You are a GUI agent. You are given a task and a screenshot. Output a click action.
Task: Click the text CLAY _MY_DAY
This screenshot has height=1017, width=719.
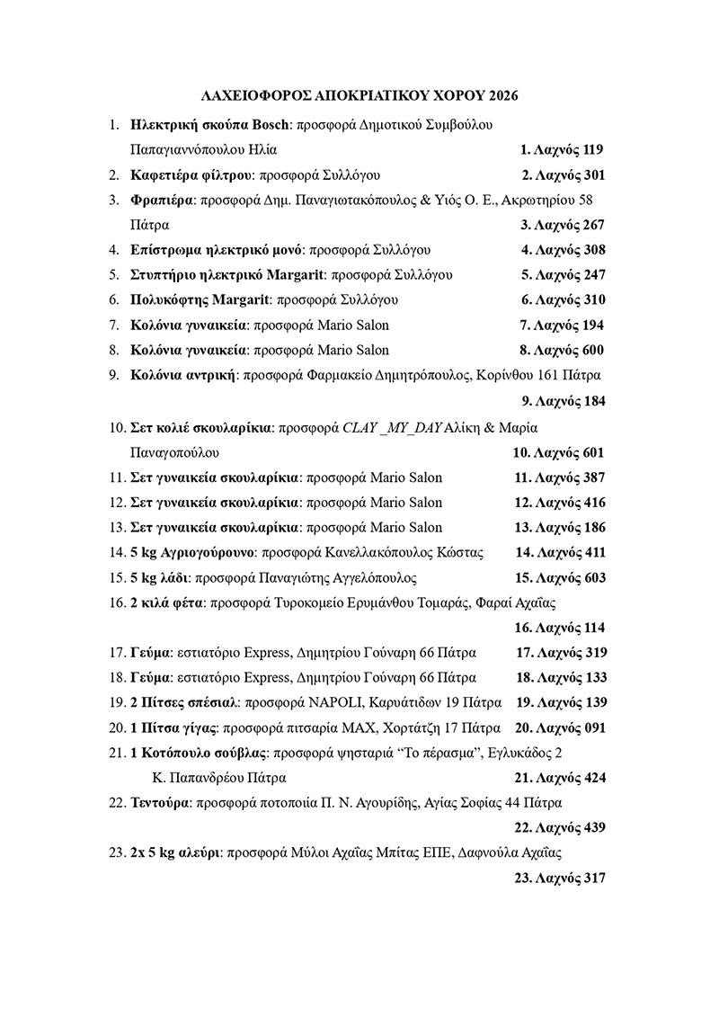(x=393, y=427)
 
